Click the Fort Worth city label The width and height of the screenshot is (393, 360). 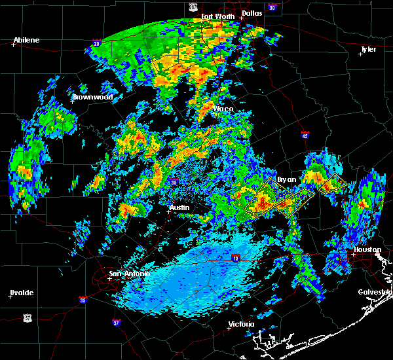pyautogui.click(x=216, y=16)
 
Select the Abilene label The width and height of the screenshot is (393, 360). pyautogui.click(x=27, y=40)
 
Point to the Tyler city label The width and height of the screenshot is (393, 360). pyautogui.click(x=369, y=49)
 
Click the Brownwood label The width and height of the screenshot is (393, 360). pyautogui.click(x=93, y=97)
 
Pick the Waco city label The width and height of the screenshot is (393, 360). pyautogui.click(x=223, y=109)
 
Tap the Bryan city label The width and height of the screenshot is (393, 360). pyautogui.click(x=287, y=179)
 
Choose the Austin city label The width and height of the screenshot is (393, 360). pyautogui.click(x=179, y=207)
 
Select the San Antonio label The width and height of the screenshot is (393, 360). pyautogui.click(x=129, y=274)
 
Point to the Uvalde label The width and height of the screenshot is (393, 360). pyautogui.click(x=21, y=292)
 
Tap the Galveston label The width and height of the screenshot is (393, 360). pyautogui.click(x=375, y=292)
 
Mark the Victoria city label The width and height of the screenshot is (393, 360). pyautogui.click(x=241, y=325)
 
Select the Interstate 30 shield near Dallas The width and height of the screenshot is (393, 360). pyautogui.click(x=272, y=7)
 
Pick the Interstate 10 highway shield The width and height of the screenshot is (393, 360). pyautogui.click(x=236, y=258)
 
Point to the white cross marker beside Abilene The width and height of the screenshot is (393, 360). pyautogui.click(x=13, y=45)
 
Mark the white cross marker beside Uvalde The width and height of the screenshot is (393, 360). pyautogui.click(x=10, y=297)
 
